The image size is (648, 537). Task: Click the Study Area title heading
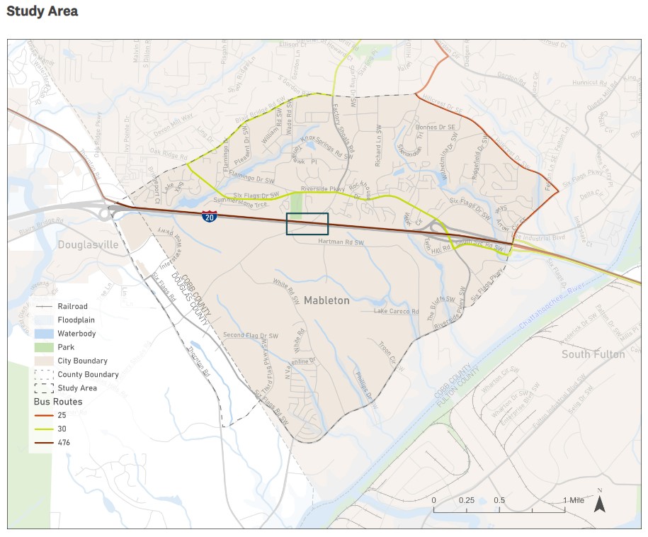pos(42,11)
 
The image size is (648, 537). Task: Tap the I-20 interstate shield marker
pos(209,217)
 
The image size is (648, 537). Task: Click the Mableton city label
pos(326,300)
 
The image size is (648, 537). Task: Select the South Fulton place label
pos(593,354)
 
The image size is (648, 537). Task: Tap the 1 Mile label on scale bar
pos(574,500)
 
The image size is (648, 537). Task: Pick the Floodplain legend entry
pos(76,320)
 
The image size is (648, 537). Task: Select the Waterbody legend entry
pos(77,334)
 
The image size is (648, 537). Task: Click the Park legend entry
pos(66,347)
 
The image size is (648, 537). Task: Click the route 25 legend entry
pos(62,415)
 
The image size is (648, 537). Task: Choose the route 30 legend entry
pos(62,429)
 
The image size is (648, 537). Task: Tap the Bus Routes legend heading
pos(58,402)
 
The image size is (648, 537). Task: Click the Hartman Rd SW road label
pos(341,242)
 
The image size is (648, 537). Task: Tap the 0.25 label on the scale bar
pos(467,500)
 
